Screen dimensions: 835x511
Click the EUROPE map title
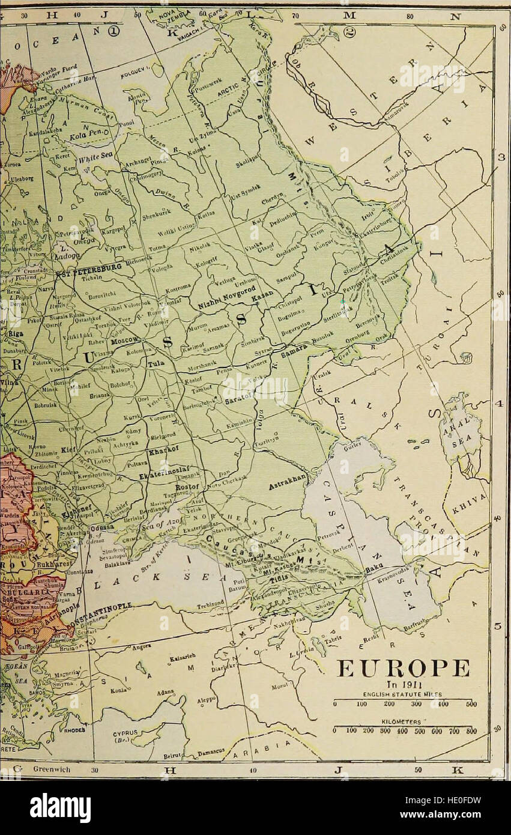click(x=404, y=668)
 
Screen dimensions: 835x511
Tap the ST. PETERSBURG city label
click(x=89, y=269)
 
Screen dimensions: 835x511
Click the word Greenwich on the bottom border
click(x=52, y=769)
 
